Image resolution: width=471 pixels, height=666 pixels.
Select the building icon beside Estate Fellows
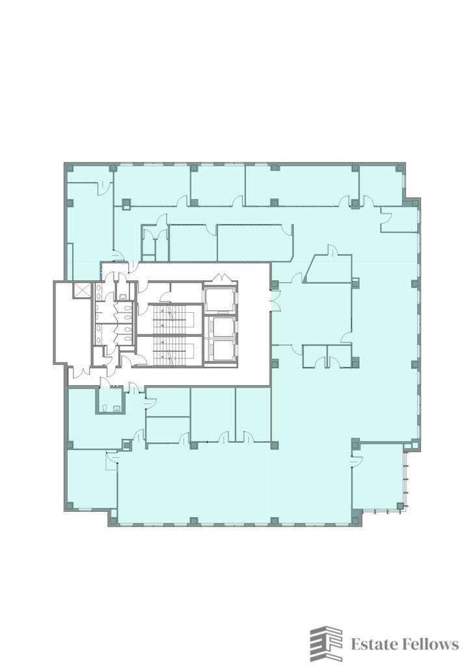coord(326,644)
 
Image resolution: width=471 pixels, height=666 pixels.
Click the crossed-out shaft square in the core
coord(81,291)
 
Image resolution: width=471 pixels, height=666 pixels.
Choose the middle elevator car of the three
coord(222,326)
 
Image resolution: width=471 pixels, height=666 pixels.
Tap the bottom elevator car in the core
coord(222,349)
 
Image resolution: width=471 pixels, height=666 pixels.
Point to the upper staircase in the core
coord(169,319)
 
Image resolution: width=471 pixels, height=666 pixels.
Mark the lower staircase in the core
coord(169,352)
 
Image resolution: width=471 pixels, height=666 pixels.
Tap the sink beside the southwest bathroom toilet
coord(118,408)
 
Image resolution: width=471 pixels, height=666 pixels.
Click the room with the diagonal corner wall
coord(329,269)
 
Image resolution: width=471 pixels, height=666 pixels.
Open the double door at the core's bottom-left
coord(80,373)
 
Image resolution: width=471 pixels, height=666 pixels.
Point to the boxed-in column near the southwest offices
coord(126,444)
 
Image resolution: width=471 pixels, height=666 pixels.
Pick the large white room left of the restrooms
coord(72,322)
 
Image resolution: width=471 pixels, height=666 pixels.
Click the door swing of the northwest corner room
coord(104,187)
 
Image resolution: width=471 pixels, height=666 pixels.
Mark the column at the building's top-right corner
coord(399,168)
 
